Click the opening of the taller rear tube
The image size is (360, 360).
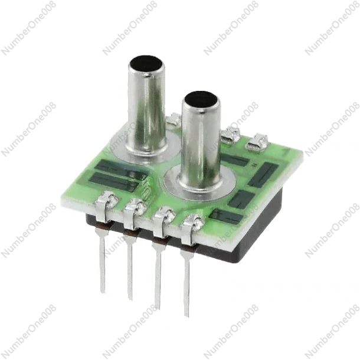[x=146, y=63]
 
